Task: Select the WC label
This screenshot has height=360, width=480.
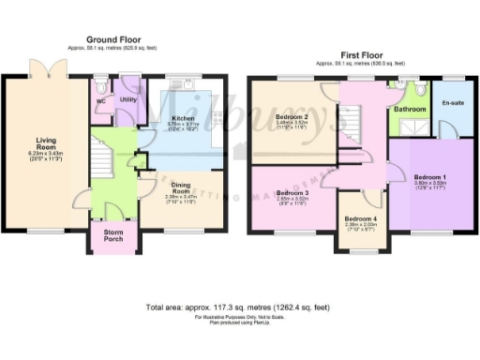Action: pos(100,99)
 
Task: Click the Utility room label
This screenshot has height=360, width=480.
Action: pos(128,98)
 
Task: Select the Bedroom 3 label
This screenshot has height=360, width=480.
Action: pos(293,193)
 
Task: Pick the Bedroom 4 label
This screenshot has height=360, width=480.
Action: pos(360,218)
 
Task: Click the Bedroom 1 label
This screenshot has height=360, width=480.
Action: pos(431,177)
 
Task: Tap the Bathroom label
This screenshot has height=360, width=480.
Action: pos(409,110)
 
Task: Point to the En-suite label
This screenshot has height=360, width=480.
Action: pos(453,101)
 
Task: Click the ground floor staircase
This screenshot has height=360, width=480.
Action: pos(103,157)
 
